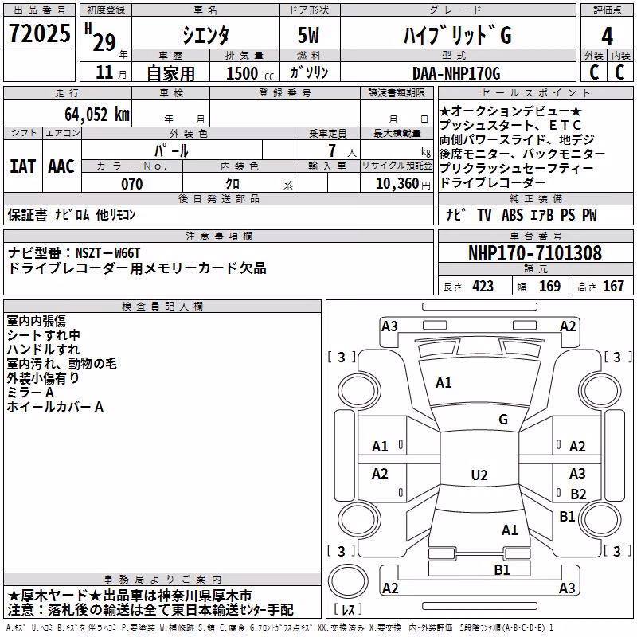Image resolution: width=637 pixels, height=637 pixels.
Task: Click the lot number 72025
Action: pos(39,33)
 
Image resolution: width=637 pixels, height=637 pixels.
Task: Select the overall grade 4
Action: pos(607,36)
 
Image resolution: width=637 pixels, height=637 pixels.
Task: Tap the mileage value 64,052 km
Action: pos(97,114)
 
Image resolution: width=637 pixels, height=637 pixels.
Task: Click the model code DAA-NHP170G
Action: pos(456,73)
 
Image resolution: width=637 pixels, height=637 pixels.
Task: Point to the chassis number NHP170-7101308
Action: pos(535,252)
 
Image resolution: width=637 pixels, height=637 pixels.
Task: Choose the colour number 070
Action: pos(132,184)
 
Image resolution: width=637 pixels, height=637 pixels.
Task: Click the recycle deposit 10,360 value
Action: pos(397,184)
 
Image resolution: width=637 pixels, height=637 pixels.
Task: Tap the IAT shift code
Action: pos(22,166)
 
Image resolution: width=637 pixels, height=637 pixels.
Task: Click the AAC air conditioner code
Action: pos(61,166)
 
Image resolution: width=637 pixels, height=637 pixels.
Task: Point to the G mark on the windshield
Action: pos(503,420)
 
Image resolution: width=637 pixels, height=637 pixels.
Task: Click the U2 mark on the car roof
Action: pos(479,475)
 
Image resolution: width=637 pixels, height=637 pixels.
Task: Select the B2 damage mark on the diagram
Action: pos(578,494)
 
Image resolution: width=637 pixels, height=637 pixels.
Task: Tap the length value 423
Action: pos(483,286)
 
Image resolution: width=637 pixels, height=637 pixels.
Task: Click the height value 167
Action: pos(613,286)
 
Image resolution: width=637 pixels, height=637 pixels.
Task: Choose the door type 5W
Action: pos(308,35)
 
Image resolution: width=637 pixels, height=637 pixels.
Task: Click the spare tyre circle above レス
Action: pos(348,580)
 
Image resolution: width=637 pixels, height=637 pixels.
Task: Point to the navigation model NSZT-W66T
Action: pos(107,253)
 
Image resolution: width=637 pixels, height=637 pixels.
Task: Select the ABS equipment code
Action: pos(512,214)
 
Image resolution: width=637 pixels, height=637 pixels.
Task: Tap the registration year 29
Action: pos(104,42)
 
